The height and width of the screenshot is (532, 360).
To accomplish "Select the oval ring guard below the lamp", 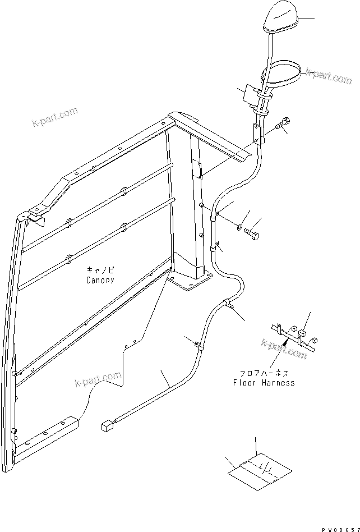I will pos(283,74).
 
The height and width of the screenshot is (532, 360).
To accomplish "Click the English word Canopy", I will pos(100,279).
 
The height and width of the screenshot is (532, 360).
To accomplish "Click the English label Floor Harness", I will pos(264,383).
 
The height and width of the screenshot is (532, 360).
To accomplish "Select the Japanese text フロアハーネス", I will pos(264,373).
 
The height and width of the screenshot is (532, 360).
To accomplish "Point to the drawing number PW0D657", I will pos(339,528).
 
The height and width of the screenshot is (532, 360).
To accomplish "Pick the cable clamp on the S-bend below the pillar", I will pos(229,305).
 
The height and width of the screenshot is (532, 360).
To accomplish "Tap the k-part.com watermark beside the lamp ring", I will pos(327,76).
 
